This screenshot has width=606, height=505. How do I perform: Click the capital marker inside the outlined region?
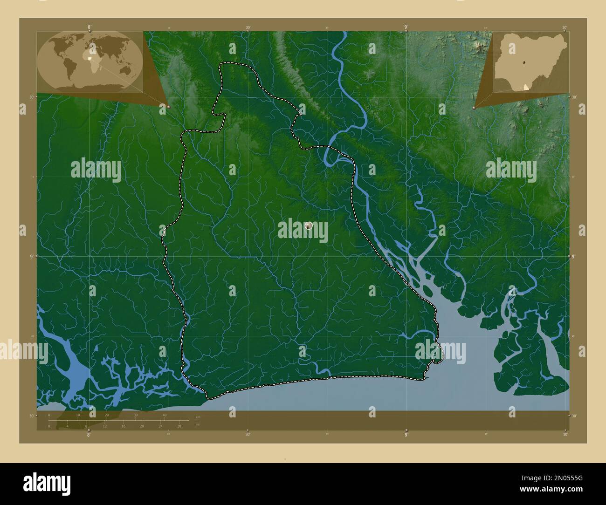click(308, 225)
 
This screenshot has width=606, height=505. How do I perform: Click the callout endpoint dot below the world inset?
click(168, 107)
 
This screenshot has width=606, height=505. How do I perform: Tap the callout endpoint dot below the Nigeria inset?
click(474, 108)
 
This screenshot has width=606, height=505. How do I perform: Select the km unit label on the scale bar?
click(198, 417)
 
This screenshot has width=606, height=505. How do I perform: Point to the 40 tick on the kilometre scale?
click(165, 415)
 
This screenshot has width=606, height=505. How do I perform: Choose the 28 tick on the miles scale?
click(179, 426)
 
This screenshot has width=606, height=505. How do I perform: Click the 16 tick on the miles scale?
click(123, 426)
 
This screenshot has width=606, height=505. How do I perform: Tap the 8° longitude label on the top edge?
click(89, 27)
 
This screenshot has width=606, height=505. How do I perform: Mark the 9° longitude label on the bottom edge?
click(406, 435)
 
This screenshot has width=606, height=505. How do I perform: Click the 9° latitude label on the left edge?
click(31, 256)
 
